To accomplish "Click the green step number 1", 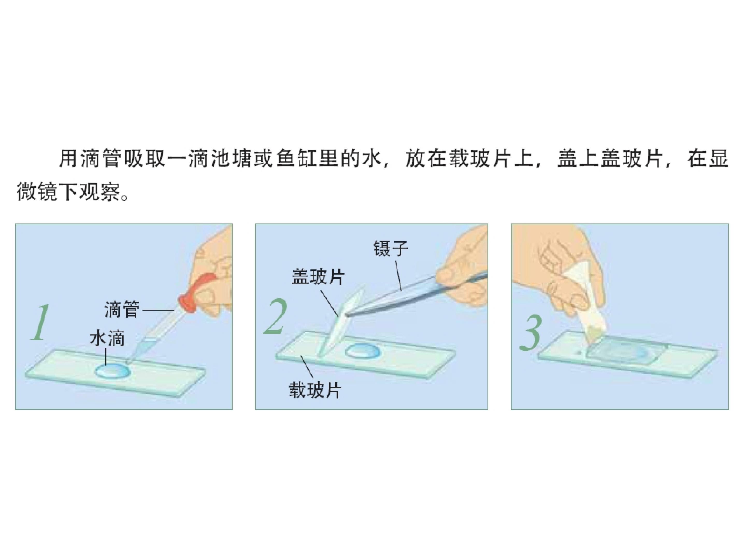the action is (40, 322).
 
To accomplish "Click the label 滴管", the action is (121, 309).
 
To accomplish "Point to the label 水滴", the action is (107, 338).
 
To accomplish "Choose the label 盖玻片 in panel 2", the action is (318, 277).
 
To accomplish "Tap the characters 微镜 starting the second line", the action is (38, 192).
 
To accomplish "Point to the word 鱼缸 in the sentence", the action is (296, 159).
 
